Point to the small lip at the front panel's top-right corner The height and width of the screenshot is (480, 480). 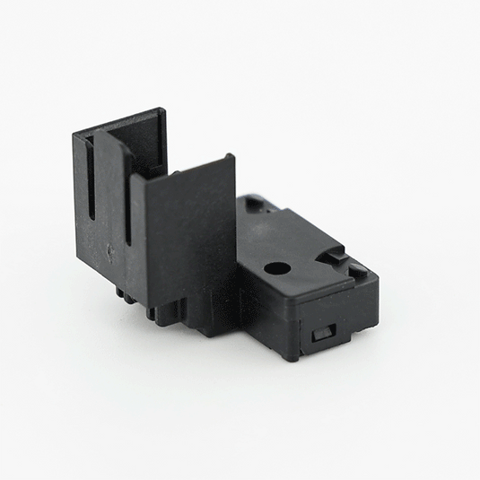click(231, 159)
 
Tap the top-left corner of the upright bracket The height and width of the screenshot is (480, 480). click(74, 134)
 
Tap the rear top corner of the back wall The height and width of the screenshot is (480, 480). click(161, 111)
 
